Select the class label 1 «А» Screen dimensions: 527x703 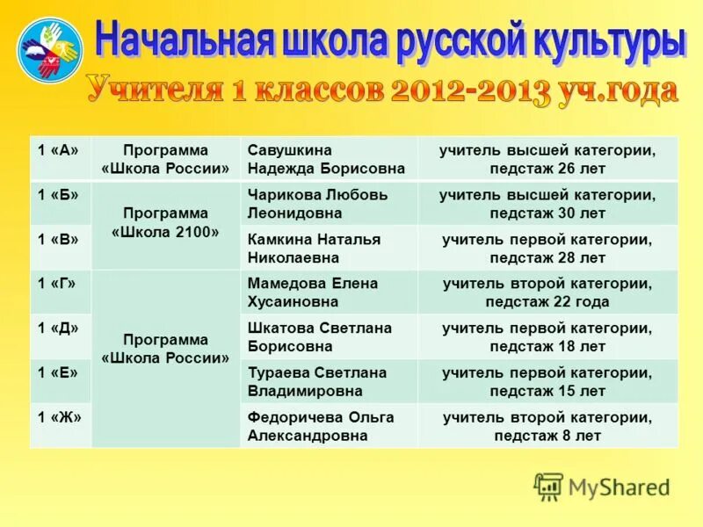[58, 150]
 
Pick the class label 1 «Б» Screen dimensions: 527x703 [58, 195]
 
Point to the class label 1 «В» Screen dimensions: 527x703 [58, 239]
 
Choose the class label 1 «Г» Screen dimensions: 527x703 [58, 284]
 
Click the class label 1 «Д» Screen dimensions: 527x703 [58, 328]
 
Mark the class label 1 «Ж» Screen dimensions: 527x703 [58, 417]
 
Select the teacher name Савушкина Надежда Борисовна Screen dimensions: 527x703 [326, 159]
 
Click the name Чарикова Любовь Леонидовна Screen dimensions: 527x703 [317, 204]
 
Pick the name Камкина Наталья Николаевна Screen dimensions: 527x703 [314, 249]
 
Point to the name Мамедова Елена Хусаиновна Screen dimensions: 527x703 [313, 292]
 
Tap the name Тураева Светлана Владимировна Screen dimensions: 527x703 [317, 381]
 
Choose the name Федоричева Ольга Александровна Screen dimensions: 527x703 [321, 426]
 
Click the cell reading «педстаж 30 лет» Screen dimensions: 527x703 [547, 204]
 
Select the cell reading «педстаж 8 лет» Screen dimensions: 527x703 [547, 426]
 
